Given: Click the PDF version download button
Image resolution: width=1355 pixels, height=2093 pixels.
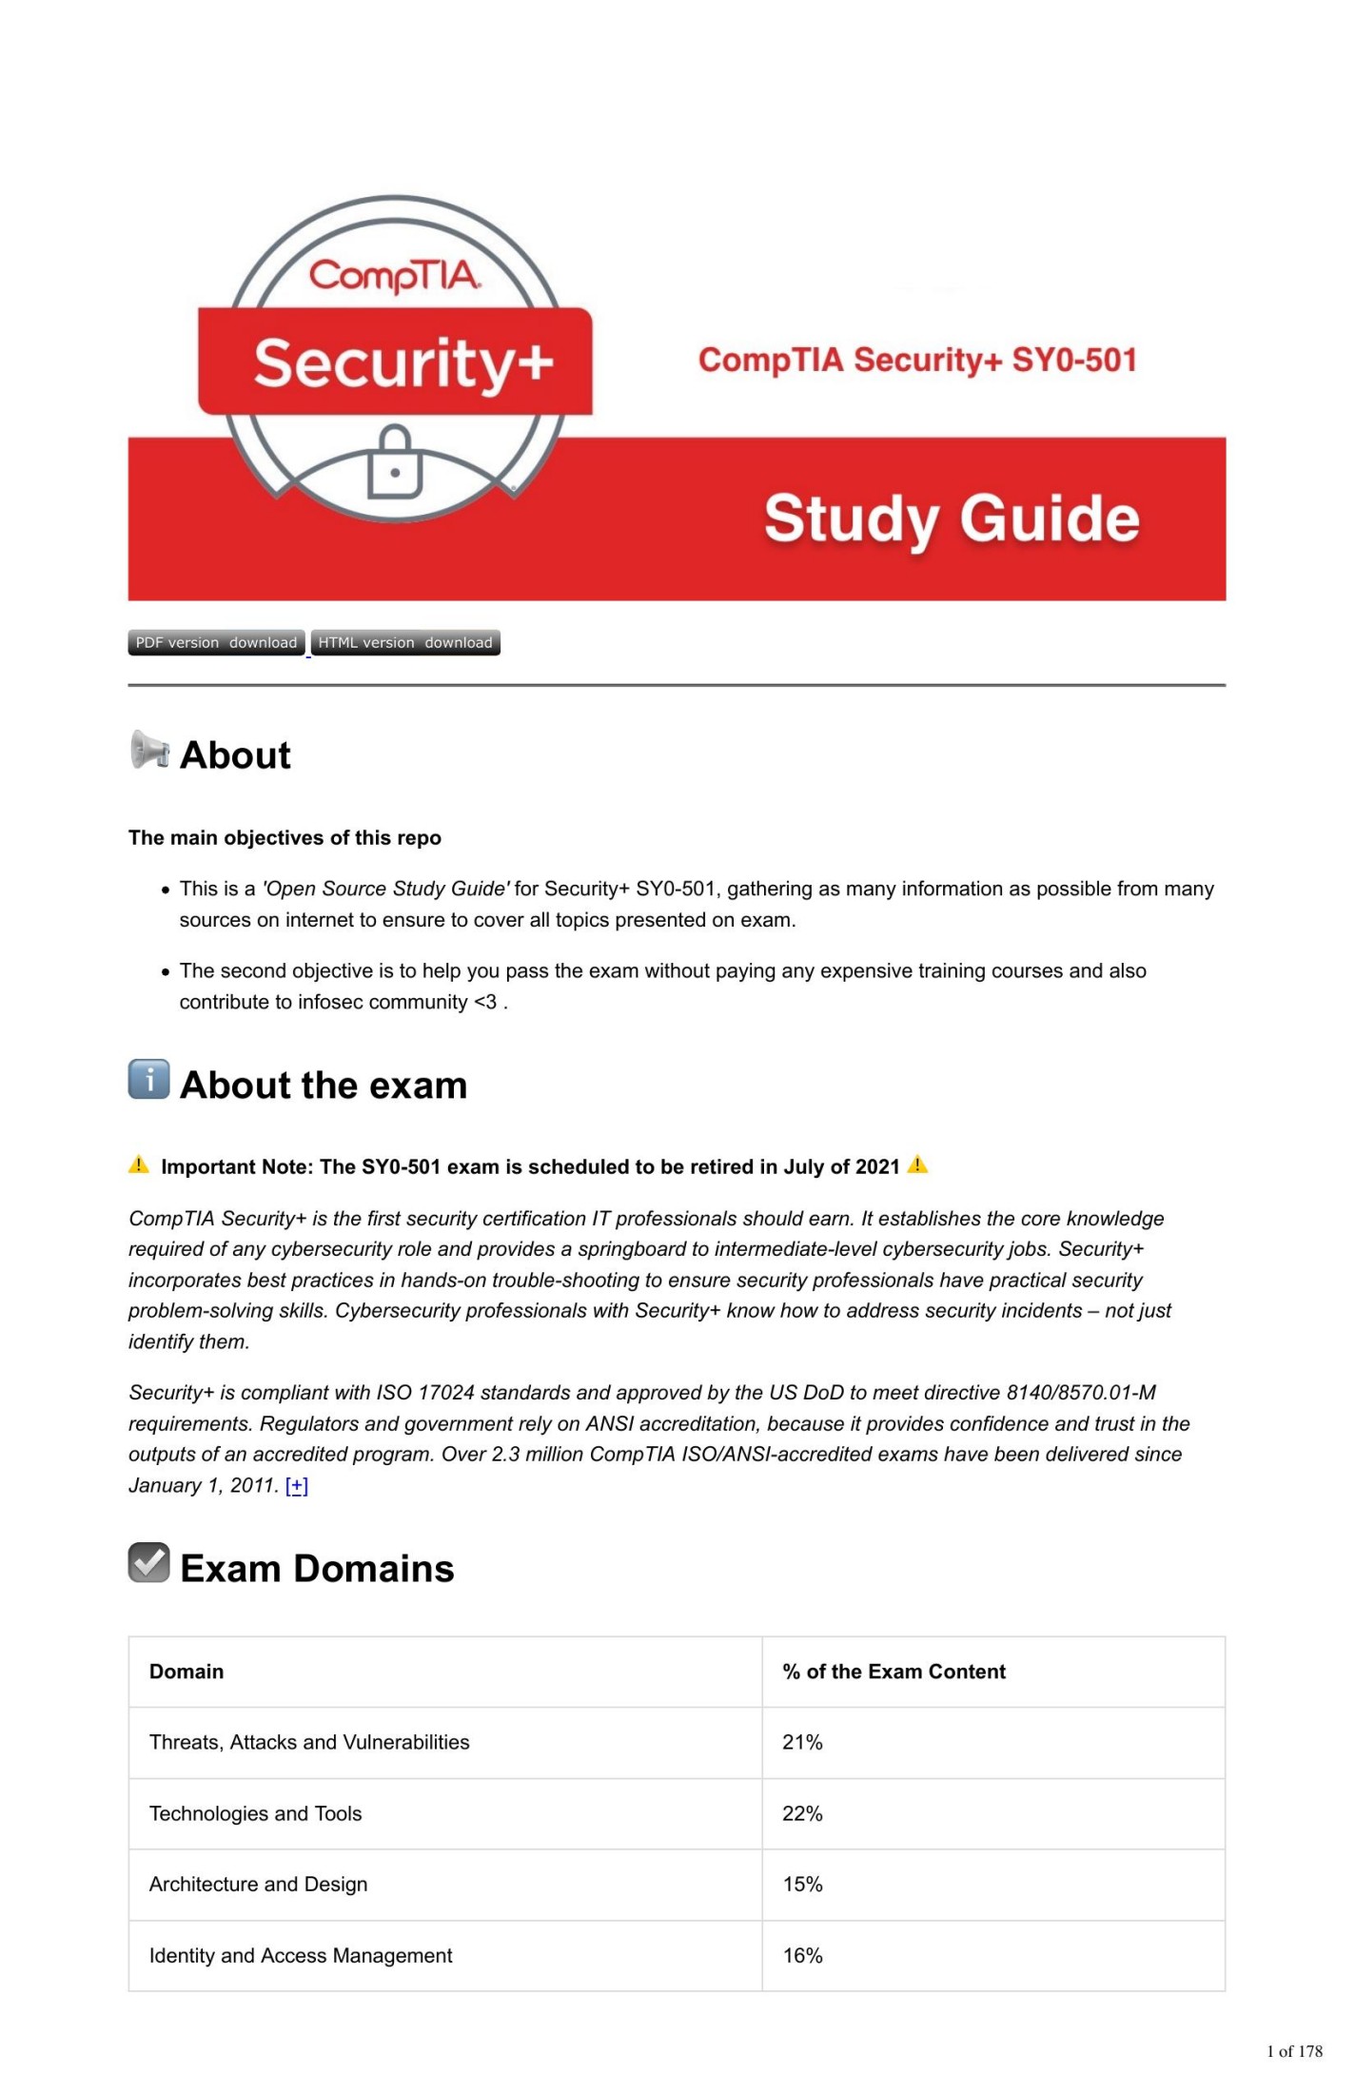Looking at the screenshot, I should click(216, 642).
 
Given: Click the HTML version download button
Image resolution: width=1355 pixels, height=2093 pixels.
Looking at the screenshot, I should click(405, 642).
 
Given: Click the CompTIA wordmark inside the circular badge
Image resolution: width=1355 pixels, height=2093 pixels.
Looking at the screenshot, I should click(395, 276).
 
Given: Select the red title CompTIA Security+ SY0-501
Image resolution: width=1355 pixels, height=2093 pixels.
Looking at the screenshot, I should click(917, 360).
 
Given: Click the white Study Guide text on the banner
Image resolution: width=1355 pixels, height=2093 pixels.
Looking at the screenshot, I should click(952, 518).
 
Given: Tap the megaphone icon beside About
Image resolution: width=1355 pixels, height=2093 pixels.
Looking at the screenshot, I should click(149, 750).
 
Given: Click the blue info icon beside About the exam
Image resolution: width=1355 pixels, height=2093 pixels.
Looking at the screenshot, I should click(149, 1079).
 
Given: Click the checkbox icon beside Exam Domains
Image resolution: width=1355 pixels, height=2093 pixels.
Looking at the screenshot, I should click(149, 1562).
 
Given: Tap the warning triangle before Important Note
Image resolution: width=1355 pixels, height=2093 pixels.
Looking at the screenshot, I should click(139, 1164).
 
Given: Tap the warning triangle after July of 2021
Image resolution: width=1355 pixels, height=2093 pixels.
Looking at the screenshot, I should click(917, 1164).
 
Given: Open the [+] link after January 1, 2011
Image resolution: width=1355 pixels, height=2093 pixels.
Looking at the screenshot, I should click(297, 1485).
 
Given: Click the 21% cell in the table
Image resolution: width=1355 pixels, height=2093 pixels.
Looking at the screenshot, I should click(802, 1742).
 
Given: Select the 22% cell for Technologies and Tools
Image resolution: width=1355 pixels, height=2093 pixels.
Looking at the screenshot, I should click(802, 1813).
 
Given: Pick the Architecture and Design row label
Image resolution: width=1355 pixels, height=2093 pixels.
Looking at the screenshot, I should click(258, 1884).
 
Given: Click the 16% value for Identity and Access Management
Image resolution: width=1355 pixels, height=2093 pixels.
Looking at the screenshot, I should click(802, 1955).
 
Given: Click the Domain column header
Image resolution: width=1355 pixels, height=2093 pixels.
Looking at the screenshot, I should click(187, 1672).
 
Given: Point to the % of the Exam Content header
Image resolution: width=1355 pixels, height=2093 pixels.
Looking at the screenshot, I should click(894, 1672).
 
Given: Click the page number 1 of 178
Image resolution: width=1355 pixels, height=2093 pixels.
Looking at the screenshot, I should click(1294, 2051).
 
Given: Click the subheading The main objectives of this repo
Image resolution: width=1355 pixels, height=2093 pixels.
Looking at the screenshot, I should click(285, 837).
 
